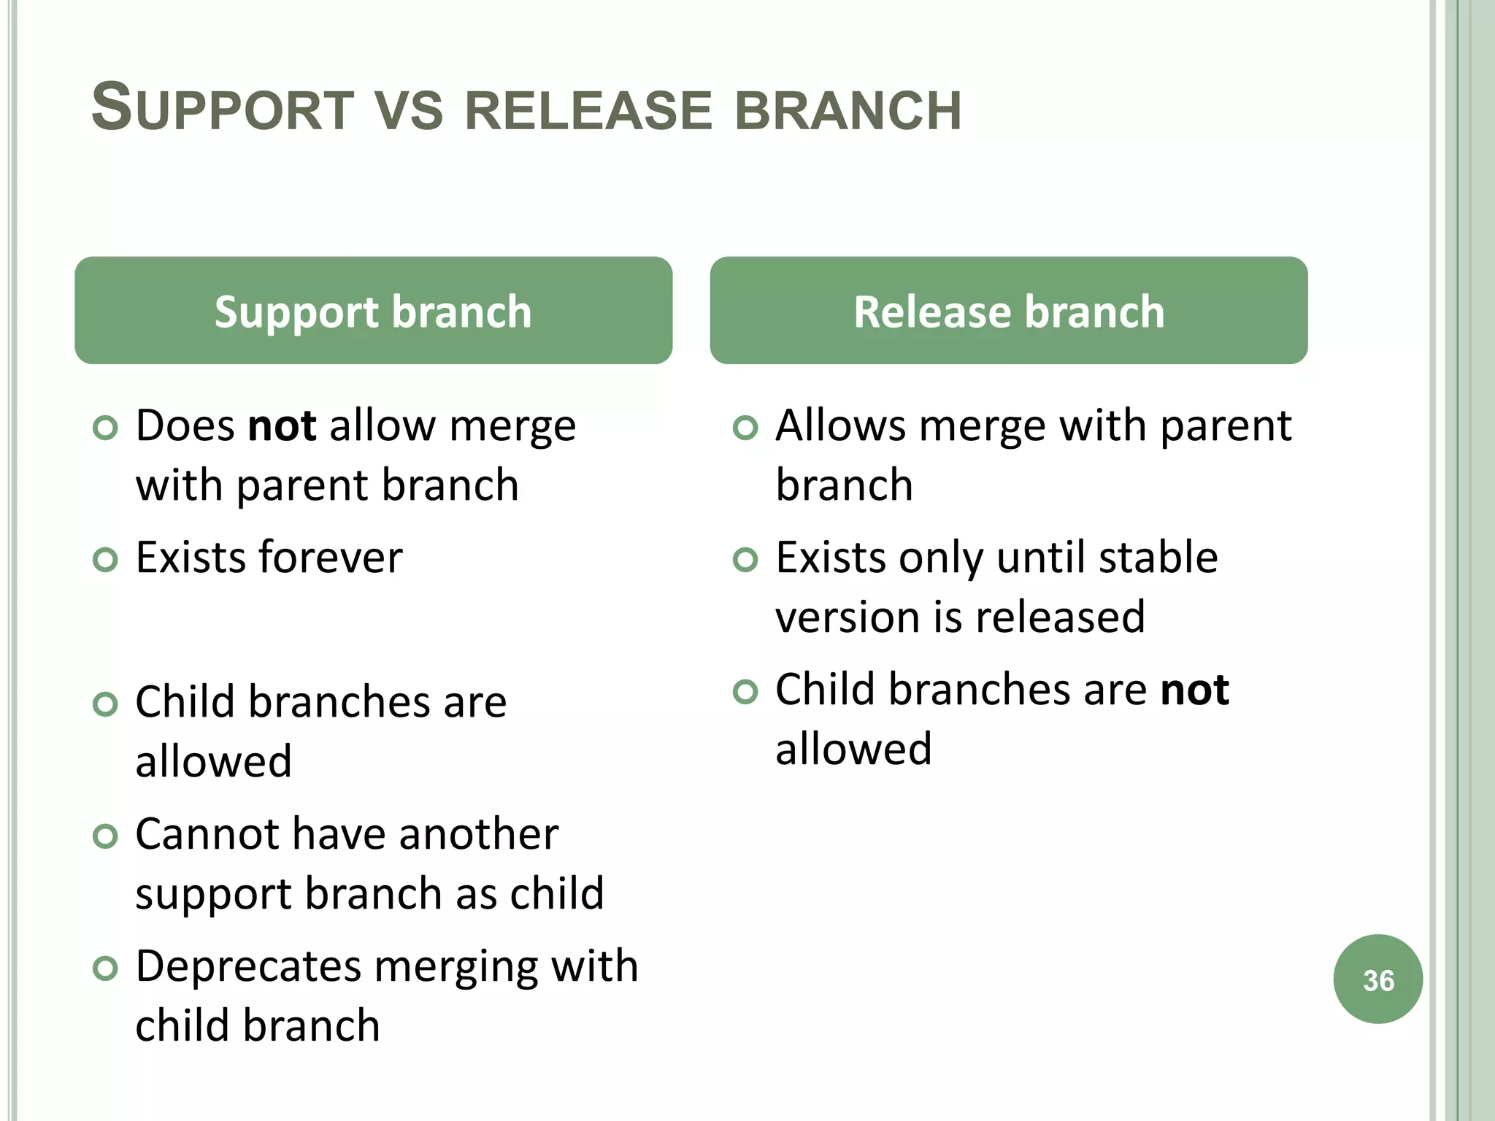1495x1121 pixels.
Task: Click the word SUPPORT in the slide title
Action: [223, 109]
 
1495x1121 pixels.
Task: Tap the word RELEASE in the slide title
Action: [588, 111]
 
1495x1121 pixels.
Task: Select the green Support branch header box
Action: [373, 311]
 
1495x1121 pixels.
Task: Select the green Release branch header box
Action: [1008, 311]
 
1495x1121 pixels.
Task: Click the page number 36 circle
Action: [1377, 979]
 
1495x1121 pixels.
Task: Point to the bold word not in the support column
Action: [282, 425]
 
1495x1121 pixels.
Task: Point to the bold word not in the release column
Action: [1194, 690]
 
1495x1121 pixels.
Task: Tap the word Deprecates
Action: [248, 967]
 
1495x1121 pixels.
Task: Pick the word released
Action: [1060, 617]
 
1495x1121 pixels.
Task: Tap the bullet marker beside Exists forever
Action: [106, 560]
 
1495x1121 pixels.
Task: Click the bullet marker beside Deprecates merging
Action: [106, 968]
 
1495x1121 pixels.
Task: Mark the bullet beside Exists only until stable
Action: [745, 560]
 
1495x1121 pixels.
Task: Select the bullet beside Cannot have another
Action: [106, 836]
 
